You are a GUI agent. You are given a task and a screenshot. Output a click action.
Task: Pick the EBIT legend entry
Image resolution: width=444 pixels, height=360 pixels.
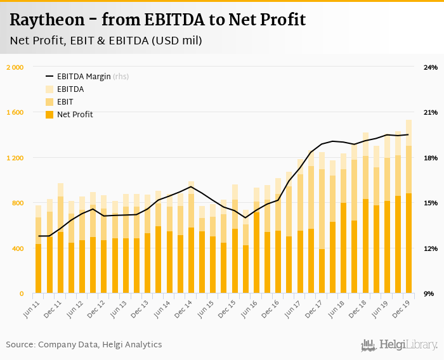click(x=65, y=102)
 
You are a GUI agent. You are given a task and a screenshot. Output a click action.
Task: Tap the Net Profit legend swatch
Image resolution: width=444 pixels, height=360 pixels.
click(x=49, y=115)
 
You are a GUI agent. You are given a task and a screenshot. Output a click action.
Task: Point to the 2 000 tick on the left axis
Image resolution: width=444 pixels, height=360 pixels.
click(x=15, y=67)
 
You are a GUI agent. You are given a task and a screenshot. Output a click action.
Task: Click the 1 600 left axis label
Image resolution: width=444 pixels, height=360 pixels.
click(x=15, y=112)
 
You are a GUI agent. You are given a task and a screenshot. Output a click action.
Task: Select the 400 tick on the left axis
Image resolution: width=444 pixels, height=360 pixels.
click(x=18, y=248)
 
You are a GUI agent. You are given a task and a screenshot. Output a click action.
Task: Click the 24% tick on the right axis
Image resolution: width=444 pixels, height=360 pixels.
click(x=431, y=67)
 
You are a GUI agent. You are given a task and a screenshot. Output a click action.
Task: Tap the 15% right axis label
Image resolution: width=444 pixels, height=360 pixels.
click(x=431, y=203)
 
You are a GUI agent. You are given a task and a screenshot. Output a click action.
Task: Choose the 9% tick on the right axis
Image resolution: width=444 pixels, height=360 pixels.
click(x=429, y=293)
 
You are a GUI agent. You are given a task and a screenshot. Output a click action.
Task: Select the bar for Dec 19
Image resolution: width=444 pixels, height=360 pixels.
click(x=408, y=209)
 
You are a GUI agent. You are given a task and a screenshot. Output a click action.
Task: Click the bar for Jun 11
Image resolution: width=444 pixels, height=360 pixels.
click(x=38, y=254)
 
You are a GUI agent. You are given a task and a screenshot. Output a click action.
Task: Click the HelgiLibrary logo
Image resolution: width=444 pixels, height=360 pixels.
click(x=399, y=345)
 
